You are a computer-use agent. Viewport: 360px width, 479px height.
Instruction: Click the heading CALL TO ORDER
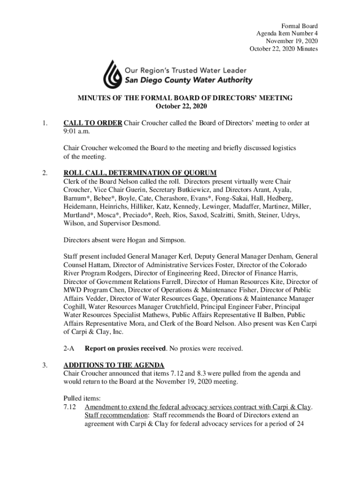[x=93, y=123]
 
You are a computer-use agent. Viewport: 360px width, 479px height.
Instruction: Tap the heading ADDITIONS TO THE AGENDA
[x=114, y=365]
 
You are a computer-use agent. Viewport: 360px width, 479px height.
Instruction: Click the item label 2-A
[x=69, y=348]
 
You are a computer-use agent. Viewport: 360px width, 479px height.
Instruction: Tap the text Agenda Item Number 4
[x=287, y=34]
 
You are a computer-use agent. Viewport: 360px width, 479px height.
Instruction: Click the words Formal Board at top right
[x=299, y=26]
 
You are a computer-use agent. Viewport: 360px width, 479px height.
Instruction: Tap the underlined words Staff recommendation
[x=110, y=414]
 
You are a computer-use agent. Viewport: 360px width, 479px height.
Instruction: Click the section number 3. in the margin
[x=44, y=365]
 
